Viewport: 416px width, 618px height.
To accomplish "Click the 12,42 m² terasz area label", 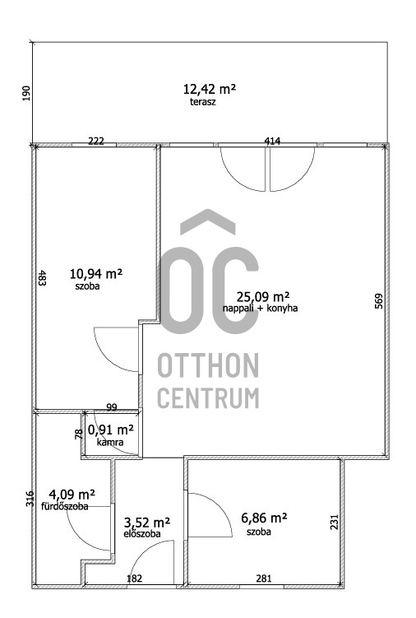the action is pos(209,89).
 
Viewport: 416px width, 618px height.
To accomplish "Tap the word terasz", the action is pos(203,102).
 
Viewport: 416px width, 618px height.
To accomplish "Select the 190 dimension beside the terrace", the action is pos(26,93).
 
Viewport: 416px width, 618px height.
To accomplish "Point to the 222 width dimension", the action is pos(96,141).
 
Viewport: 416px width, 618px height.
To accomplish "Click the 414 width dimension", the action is pos(272,141).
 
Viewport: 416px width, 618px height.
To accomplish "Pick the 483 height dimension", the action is pos(43,277).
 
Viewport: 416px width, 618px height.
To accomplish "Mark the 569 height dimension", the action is pos(378,300).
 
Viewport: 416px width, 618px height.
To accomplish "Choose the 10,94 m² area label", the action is pos(95,272).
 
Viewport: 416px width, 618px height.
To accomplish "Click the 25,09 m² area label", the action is pos(263,296).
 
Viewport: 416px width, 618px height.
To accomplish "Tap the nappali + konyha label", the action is pos(260,308).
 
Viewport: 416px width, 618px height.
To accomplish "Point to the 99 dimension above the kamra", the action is pos(112,407).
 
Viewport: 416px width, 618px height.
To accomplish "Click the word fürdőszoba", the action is pos(65,506).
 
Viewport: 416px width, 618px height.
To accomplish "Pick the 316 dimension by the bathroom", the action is pos(30,499).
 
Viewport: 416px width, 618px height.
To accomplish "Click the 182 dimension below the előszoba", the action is pos(134,579).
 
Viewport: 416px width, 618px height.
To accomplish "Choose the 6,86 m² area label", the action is pos(264,517).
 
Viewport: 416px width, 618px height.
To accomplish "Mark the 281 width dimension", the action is pos(264,579).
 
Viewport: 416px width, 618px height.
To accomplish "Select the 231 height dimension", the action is pos(334,522).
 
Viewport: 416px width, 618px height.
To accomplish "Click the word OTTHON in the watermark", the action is pos(208,365).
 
